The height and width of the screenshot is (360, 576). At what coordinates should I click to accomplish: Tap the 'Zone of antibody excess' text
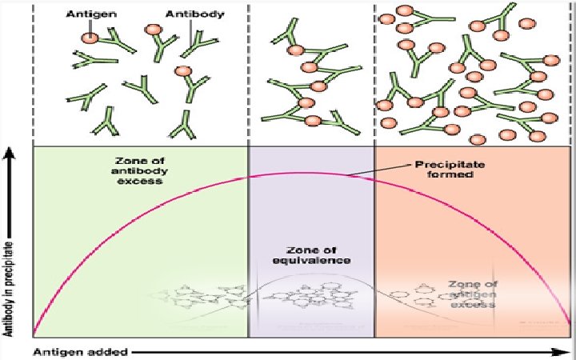[139, 170]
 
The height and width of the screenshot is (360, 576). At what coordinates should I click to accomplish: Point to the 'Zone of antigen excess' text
[473, 293]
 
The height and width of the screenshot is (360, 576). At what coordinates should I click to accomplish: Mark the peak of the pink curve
[300, 173]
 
